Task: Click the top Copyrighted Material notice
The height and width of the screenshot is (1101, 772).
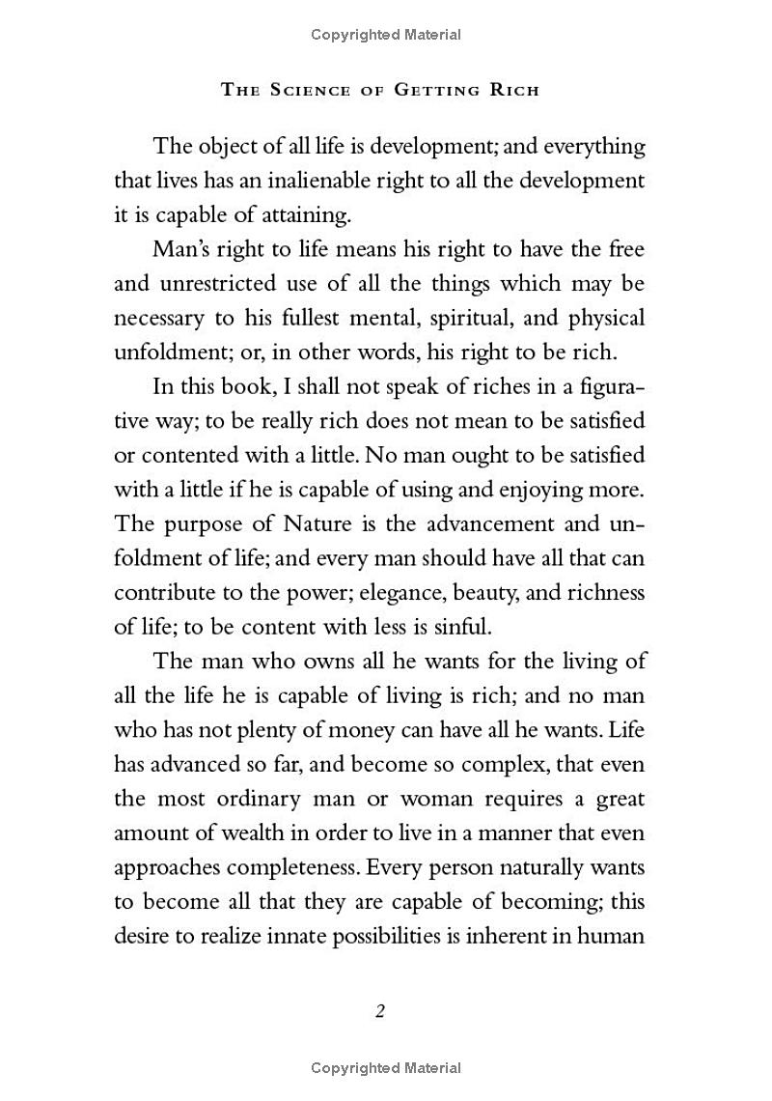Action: coord(386,35)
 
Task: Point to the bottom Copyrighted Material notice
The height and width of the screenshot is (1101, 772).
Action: coord(386,1067)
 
